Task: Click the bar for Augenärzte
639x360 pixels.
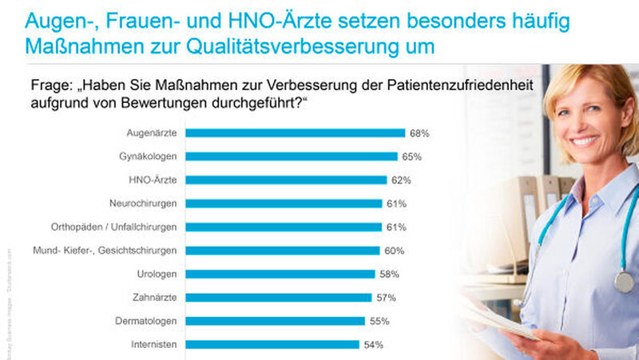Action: point(296,133)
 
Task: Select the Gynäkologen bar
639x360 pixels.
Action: point(292,156)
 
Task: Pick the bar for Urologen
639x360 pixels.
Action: point(280,274)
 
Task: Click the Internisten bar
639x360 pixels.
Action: point(272,345)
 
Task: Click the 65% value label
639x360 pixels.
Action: point(412,156)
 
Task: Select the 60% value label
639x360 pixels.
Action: point(395,251)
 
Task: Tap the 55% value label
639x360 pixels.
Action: point(379,322)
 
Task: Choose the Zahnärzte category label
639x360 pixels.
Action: point(155,298)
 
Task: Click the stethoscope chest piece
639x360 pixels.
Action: point(624,282)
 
